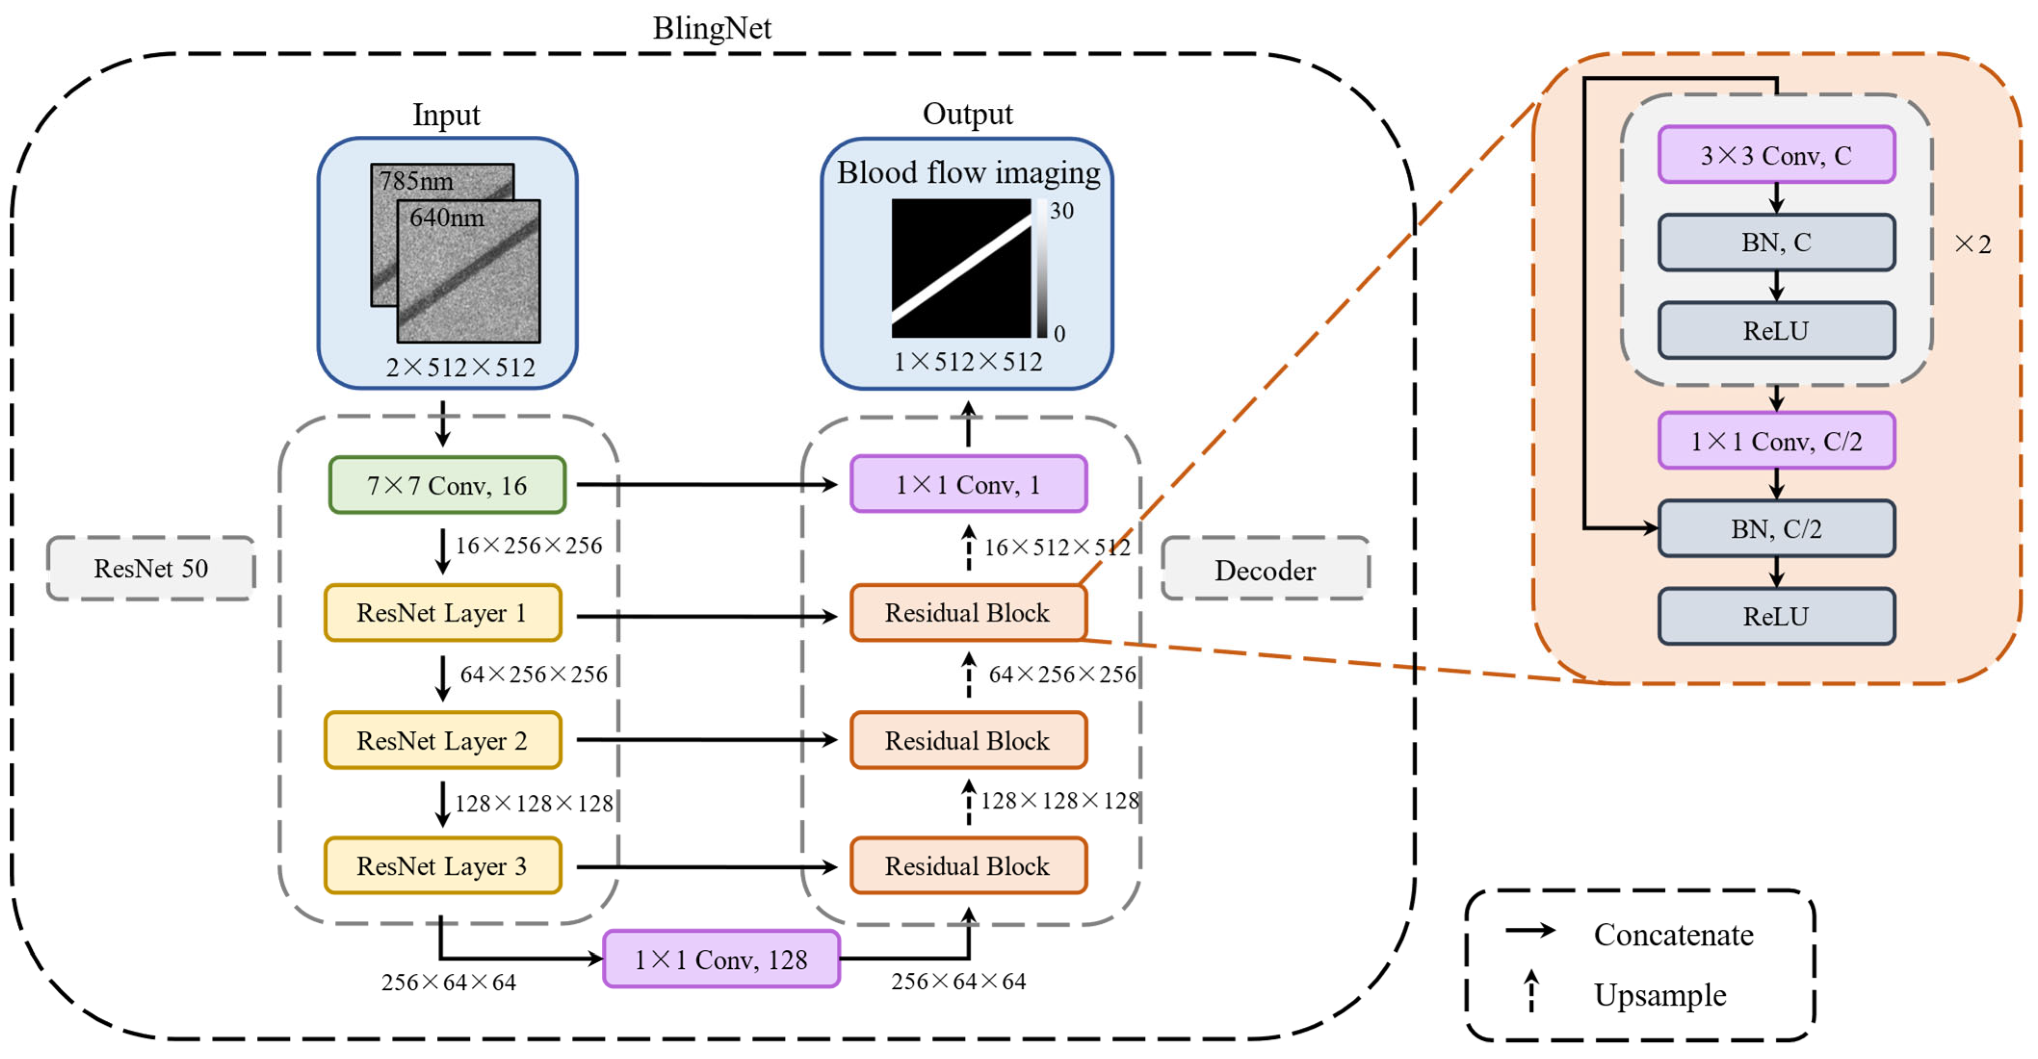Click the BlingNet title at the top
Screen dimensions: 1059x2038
pos(711,28)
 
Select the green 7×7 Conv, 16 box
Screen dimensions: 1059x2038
pos(447,485)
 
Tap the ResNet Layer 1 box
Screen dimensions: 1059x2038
pos(442,613)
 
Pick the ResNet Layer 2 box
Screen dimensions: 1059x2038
pos(442,740)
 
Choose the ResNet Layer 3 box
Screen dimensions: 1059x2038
pos(442,866)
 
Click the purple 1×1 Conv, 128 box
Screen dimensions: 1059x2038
pos(721,959)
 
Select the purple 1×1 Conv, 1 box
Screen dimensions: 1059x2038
pos(968,484)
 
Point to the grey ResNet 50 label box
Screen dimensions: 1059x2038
pos(151,568)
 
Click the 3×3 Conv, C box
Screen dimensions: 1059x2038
pos(1776,155)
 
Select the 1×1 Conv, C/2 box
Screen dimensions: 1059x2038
pos(1776,440)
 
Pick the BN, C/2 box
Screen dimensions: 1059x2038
pos(1776,529)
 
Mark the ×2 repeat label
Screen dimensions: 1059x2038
pos(1973,245)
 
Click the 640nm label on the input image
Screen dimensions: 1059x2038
pos(447,218)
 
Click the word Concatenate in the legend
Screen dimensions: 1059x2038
pos(1673,935)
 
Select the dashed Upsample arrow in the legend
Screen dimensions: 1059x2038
pos(1532,991)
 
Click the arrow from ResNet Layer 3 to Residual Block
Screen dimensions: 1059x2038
pos(706,867)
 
